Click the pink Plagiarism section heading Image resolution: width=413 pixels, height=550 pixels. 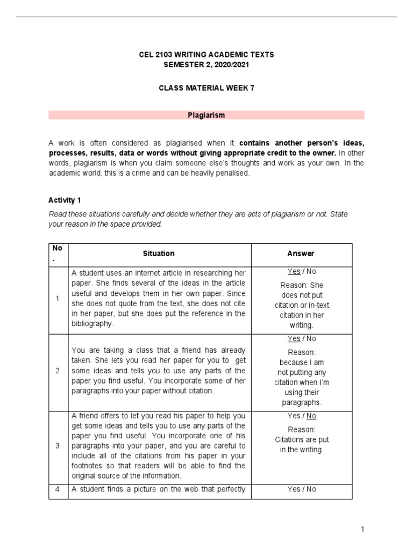tap(206, 115)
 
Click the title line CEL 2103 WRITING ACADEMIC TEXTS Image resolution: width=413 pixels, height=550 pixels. tap(206, 55)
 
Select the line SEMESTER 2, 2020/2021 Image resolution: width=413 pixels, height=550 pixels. tap(206, 64)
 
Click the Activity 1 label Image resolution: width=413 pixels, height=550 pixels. tap(65, 200)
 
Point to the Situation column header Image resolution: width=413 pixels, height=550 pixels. tap(159, 254)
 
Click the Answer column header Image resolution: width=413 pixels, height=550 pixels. tap(301, 254)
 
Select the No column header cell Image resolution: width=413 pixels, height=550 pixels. tap(58, 254)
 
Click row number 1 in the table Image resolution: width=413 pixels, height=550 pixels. tap(58, 299)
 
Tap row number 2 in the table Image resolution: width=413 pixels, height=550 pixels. tap(58, 371)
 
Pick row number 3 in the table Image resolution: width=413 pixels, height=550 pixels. tap(58, 446)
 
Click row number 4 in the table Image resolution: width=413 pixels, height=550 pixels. tap(58, 489)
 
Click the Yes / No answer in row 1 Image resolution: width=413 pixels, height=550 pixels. tap(302, 272)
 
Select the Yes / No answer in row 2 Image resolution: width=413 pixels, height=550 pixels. tap(302, 338)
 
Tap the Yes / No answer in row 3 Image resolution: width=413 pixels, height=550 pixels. tap(302, 416)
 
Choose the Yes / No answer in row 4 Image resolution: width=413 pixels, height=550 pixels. tap(302, 489)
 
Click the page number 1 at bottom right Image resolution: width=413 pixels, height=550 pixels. tap(363, 530)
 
